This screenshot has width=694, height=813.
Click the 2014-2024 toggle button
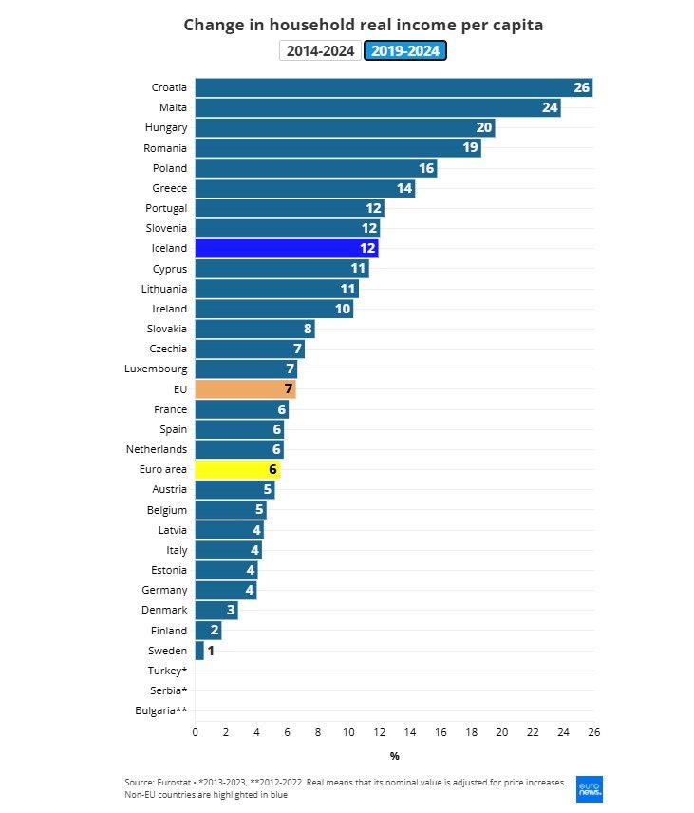(x=321, y=51)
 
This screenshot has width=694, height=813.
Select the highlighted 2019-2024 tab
(x=405, y=51)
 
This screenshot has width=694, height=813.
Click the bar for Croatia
(x=393, y=87)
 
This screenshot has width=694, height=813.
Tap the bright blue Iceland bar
(x=286, y=248)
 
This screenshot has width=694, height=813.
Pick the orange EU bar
(x=245, y=389)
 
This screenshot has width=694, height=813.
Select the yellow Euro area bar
(x=237, y=469)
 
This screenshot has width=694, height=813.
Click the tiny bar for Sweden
(x=199, y=651)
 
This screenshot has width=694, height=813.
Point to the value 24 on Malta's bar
(x=550, y=108)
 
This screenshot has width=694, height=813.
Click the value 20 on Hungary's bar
(x=484, y=128)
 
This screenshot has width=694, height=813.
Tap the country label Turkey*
(x=167, y=671)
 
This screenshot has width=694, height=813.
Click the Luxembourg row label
(x=156, y=369)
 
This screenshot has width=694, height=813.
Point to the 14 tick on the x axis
(x=410, y=732)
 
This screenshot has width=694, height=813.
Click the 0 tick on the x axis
(x=195, y=732)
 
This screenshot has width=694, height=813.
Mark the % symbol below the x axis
(x=394, y=756)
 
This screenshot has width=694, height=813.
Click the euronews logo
(x=589, y=788)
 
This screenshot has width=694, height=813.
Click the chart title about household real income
(x=363, y=25)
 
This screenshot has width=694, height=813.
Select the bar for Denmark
(x=216, y=610)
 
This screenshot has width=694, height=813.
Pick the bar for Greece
(x=304, y=188)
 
